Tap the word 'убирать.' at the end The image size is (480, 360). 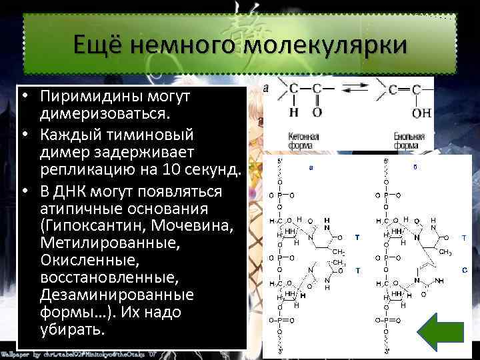coord(72,329)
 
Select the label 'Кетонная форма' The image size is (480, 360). coord(304,141)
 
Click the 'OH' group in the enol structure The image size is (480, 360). coord(421,113)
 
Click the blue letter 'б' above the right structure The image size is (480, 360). coord(415,167)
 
